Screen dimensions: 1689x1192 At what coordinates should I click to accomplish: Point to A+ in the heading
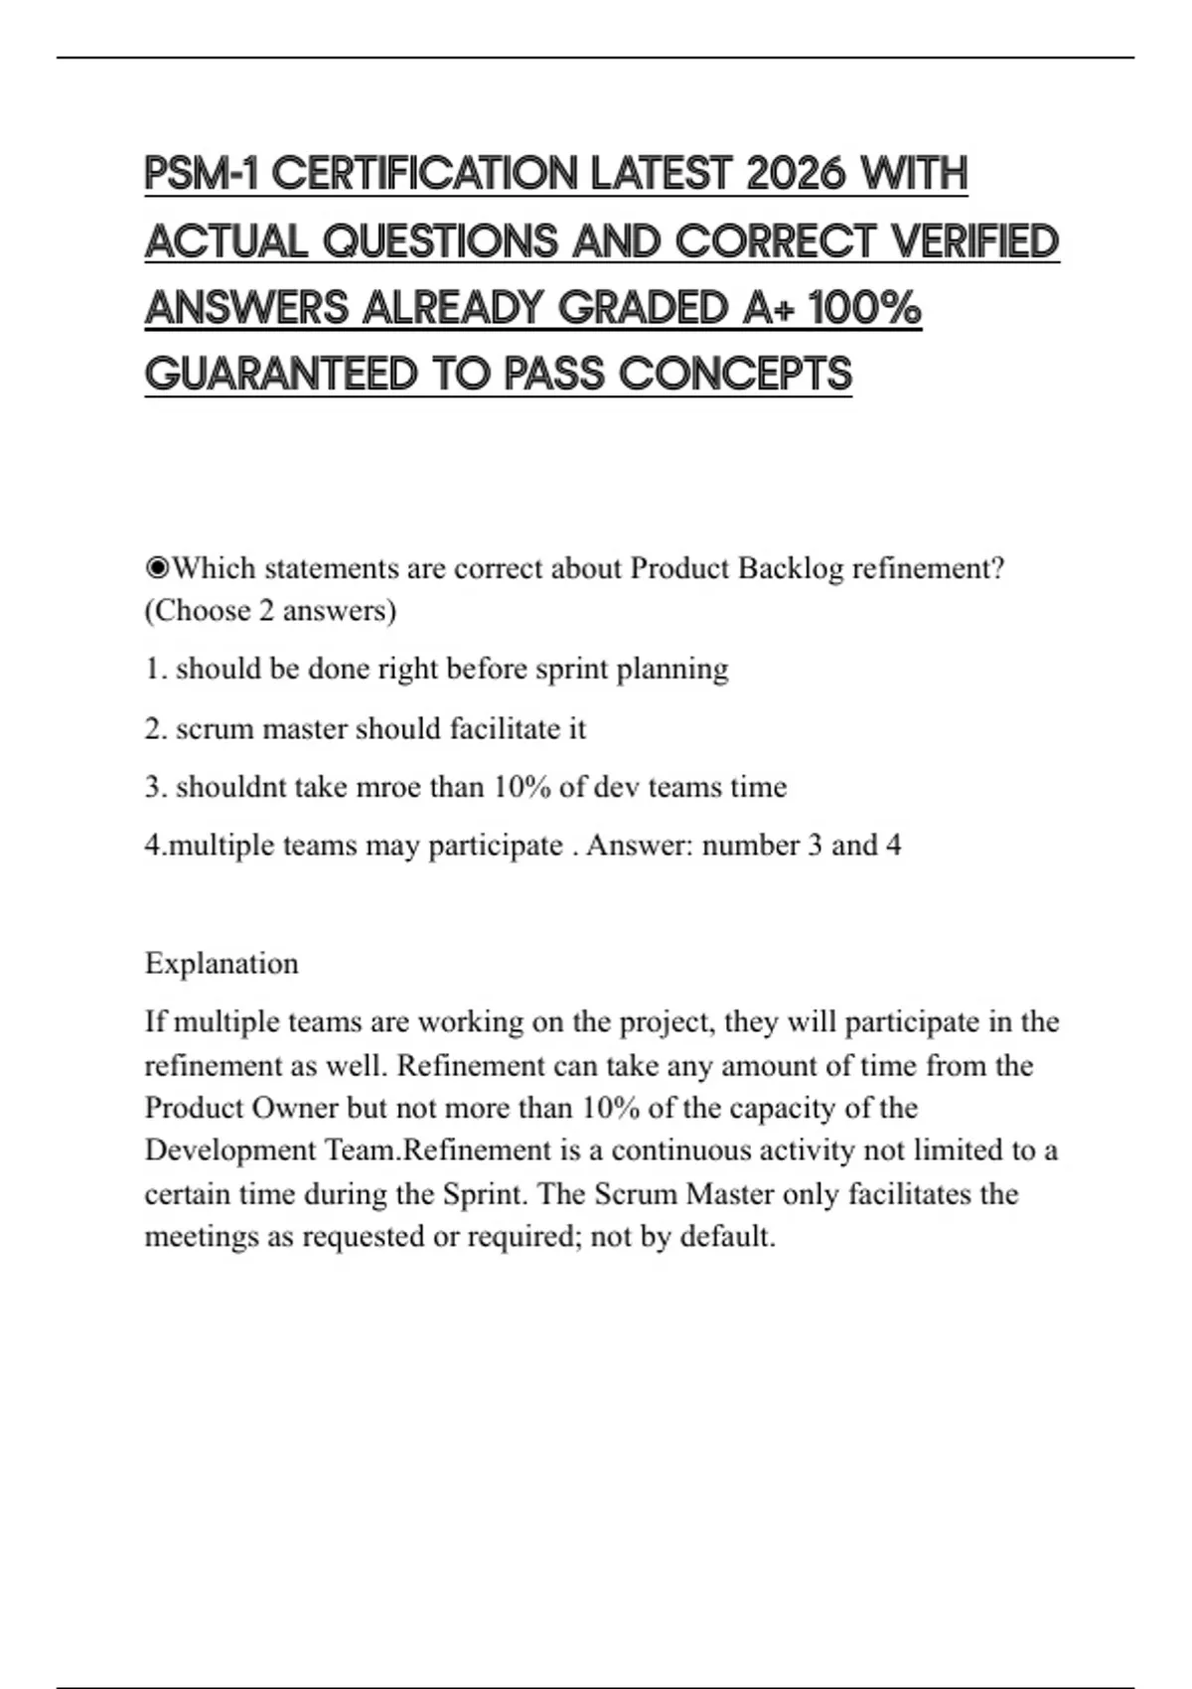click(x=768, y=308)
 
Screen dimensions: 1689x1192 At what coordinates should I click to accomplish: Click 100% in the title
click(x=865, y=308)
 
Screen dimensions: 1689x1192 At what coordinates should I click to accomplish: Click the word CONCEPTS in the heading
click(x=735, y=375)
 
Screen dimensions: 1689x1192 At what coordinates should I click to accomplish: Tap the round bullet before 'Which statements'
click(x=157, y=568)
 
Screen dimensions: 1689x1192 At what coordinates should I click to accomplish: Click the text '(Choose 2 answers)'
click(x=270, y=610)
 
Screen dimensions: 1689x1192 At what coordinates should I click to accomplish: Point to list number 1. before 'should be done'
click(x=156, y=669)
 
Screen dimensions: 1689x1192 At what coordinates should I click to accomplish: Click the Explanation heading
click(x=222, y=963)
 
